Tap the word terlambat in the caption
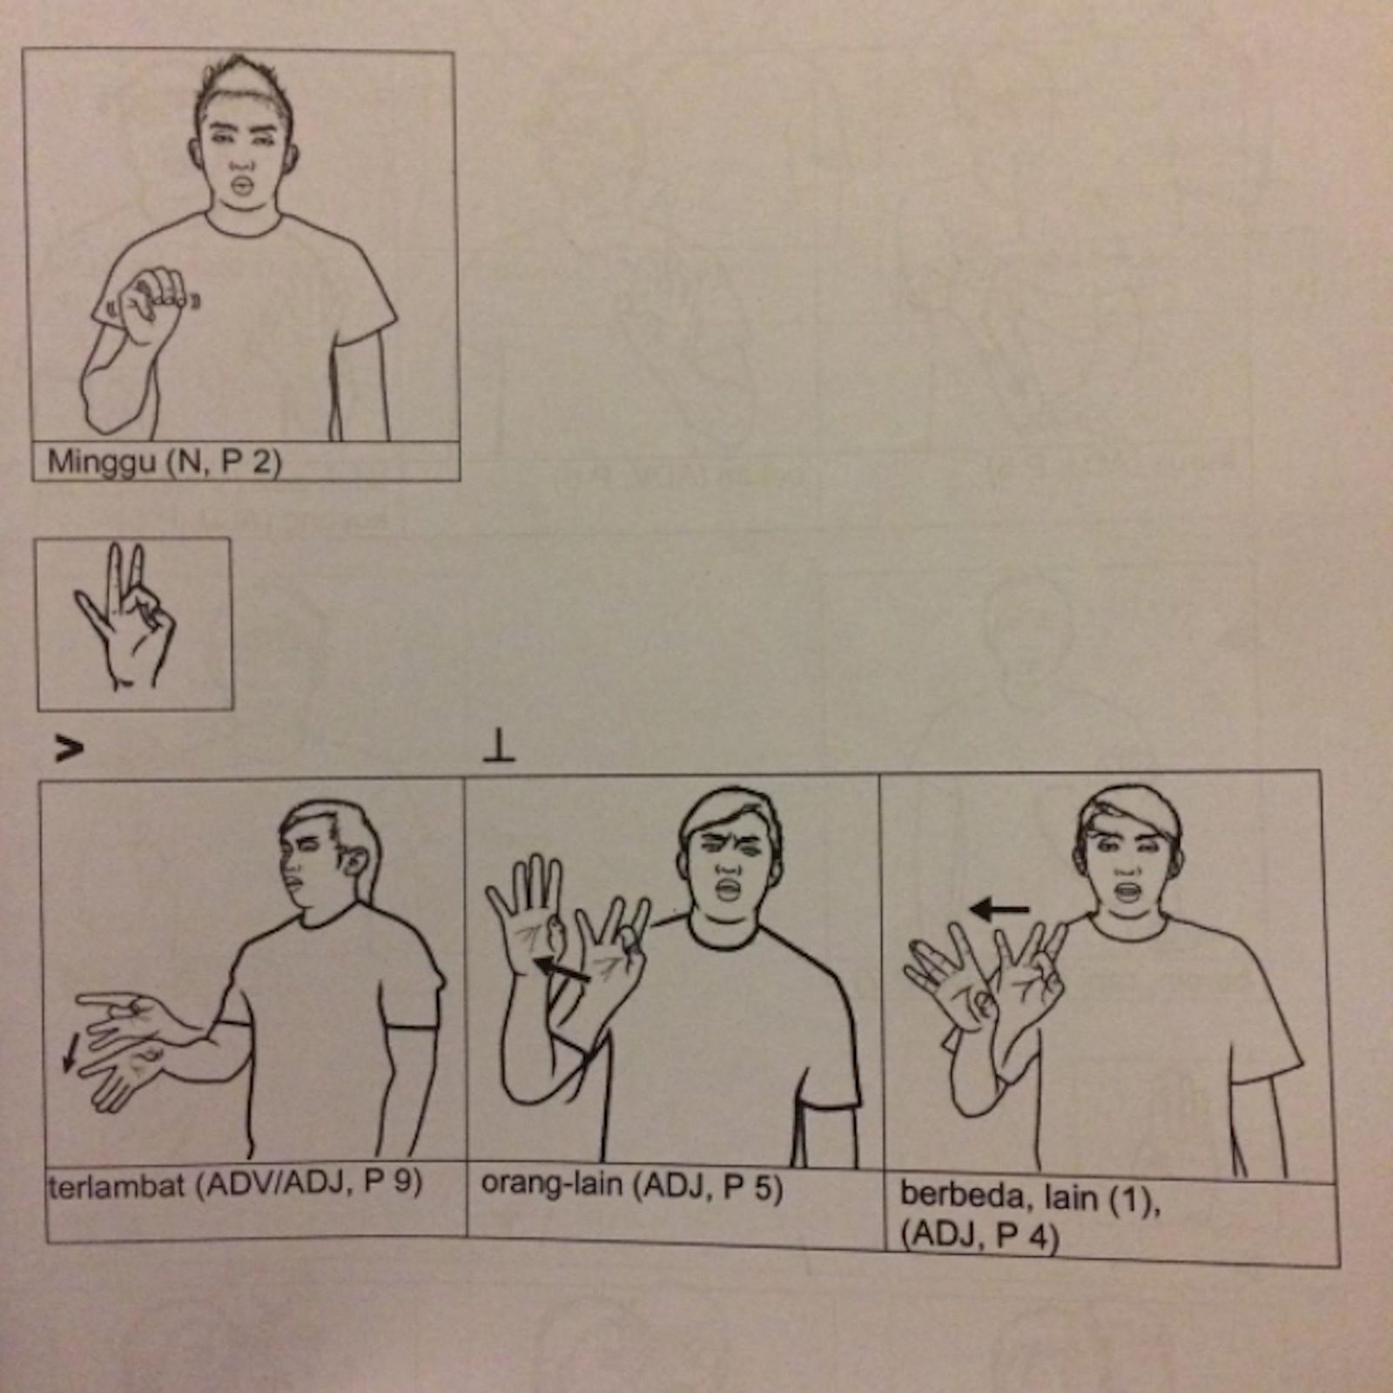coord(116,1185)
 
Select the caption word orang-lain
coord(551,1184)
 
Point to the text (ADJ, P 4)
coord(979,1236)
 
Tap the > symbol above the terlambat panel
coord(70,748)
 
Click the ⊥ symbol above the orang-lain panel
coord(499,748)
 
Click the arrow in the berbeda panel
coord(999,910)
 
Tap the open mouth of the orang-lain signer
coord(728,889)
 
